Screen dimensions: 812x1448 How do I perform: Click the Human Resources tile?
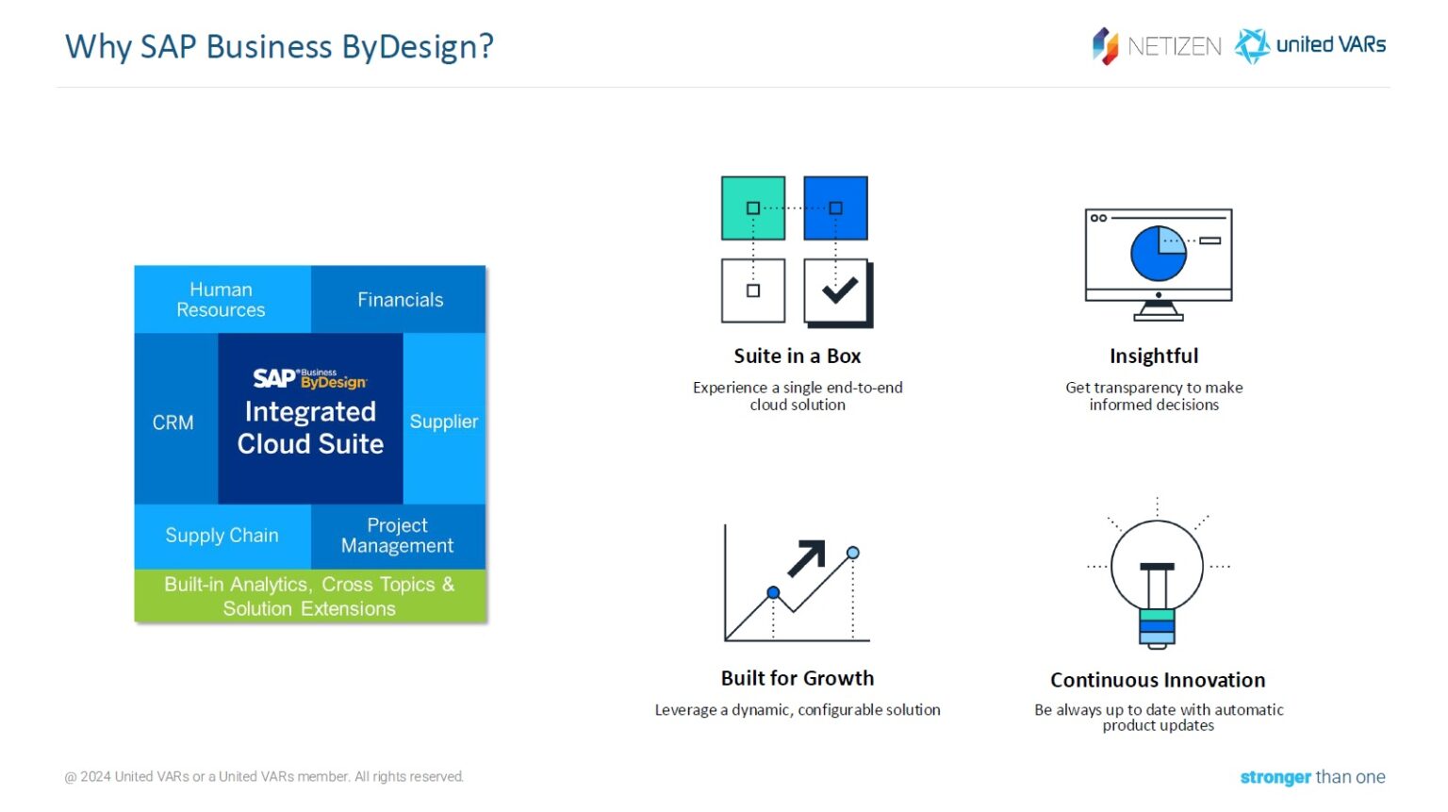(x=222, y=300)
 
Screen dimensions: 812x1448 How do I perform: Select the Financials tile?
(x=400, y=300)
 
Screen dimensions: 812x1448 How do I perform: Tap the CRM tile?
(x=174, y=423)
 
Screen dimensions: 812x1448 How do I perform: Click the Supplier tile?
(x=444, y=422)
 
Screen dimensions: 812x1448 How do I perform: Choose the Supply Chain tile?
(x=222, y=536)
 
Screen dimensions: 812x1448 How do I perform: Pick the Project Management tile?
(x=397, y=536)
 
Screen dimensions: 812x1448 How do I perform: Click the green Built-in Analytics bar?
(x=309, y=596)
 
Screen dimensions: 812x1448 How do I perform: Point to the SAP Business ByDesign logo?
(x=309, y=379)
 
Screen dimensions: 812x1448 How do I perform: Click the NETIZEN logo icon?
(x=1105, y=45)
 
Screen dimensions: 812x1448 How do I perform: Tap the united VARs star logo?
(x=1252, y=45)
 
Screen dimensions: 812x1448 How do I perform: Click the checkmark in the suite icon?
(x=838, y=290)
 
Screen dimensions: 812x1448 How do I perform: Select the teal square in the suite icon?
(x=752, y=207)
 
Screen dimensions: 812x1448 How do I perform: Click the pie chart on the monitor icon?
(x=1158, y=253)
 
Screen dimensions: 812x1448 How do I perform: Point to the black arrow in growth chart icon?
(x=807, y=557)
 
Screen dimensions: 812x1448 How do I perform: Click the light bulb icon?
(x=1157, y=575)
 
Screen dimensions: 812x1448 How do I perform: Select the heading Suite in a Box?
(x=797, y=356)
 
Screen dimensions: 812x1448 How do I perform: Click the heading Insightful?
(x=1154, y=356)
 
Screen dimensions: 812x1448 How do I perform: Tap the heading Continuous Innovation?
(x=1158, y=680)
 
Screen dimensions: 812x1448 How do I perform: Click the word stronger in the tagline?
(x=1275, y=777)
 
